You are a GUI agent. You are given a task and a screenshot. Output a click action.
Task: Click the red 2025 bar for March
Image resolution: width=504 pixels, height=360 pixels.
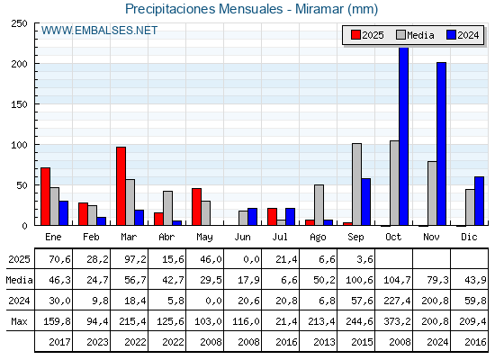[x=121, y=186]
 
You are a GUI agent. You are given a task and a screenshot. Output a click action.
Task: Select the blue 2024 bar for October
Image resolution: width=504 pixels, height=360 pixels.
[x=404, y=136]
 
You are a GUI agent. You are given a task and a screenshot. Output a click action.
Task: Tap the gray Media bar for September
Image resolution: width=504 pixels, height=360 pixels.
[x=356, y=184]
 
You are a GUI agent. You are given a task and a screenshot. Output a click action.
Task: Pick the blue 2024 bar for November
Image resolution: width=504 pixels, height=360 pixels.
[x=442, y=144]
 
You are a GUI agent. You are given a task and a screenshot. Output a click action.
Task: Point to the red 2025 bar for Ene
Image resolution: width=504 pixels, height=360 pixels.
[x=46, y=196]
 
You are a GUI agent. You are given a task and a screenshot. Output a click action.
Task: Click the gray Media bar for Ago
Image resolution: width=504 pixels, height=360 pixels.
[x=319, y=205]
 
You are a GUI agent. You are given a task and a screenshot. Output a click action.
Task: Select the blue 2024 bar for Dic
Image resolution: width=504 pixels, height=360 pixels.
[x=479, y=201]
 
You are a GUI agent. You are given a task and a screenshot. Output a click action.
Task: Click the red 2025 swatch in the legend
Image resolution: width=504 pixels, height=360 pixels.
[x=355, y=35]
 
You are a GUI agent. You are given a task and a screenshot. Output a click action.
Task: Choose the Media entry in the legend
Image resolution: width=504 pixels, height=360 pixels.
[x=415, y=35]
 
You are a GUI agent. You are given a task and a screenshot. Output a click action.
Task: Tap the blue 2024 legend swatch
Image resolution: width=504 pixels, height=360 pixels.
[x=451, y=35]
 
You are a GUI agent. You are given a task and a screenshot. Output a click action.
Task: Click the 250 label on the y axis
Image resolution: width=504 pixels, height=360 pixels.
[x=19, y=23]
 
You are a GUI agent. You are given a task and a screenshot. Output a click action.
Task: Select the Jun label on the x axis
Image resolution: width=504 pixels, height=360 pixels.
[x=242, y=238]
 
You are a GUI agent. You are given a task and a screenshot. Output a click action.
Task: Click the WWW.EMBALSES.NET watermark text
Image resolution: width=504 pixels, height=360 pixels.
[x=99, y=31]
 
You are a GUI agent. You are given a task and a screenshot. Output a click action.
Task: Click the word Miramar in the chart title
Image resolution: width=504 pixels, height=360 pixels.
[x=319, y=9]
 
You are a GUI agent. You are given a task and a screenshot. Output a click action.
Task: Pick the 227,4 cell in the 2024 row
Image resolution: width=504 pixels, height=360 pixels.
[x=397, y=301]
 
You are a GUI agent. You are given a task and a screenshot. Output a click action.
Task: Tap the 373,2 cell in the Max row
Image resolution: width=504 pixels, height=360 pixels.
[x=397, y=321]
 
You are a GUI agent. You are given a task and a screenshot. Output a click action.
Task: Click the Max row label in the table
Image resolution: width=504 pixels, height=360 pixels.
[x=19, y=321]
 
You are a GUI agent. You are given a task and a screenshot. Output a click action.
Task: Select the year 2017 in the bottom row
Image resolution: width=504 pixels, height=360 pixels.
[x=59, y=342]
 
